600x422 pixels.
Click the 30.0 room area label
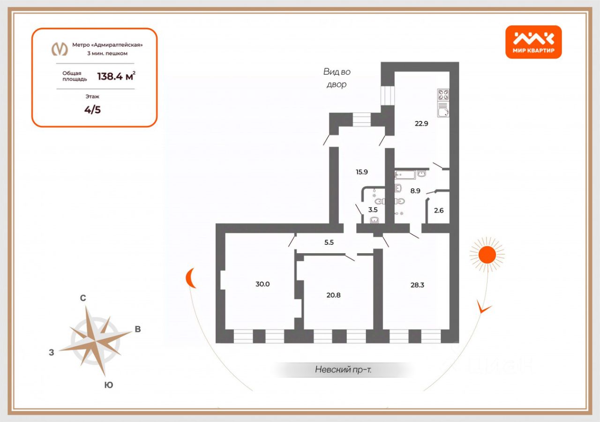(x=263, y=284)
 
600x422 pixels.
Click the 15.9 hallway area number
(x=361, y=172)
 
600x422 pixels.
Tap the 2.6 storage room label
(x=438, y=210)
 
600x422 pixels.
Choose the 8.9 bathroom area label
(x=415, y=191)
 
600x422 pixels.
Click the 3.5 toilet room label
(x=373, y=210)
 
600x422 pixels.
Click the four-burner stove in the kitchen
(x=443, y=95)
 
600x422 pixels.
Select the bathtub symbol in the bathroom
(x=405, y=175)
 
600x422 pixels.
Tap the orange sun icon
(x=487, y=255)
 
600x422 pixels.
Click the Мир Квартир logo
(x=533, y=42)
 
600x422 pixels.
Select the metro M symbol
(x=60, y=49)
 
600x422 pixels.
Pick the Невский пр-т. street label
(x=344, y=369)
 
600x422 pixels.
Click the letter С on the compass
(x=82, y=298)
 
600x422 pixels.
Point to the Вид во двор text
(x=337, y=78)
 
